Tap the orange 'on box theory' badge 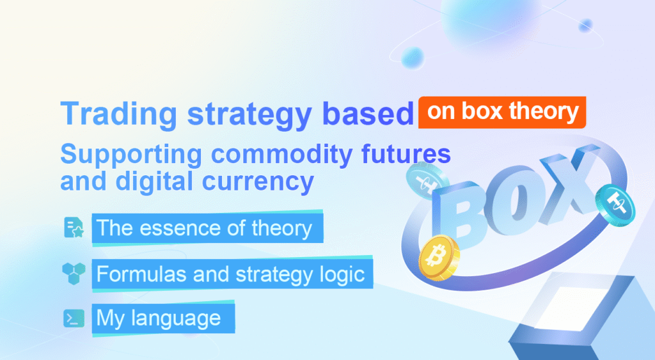pos(502,112)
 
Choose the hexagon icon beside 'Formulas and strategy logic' pos(74,273)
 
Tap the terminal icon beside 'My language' pos(74,318)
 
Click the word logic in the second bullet pos(343,275)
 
